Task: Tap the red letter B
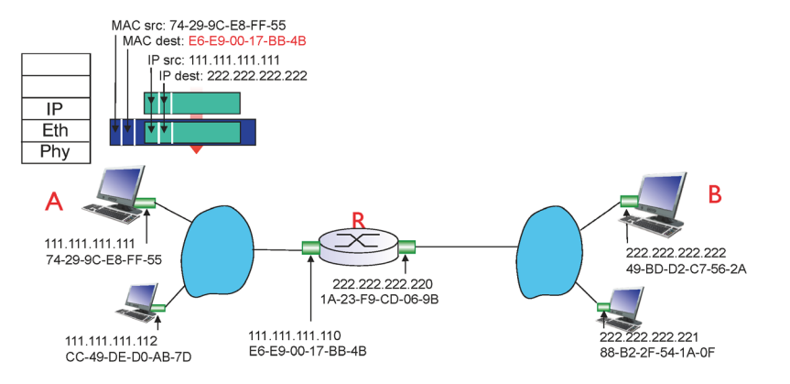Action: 716,194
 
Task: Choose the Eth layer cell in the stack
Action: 55,130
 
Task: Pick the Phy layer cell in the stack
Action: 55,150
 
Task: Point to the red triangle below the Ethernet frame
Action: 194,148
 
